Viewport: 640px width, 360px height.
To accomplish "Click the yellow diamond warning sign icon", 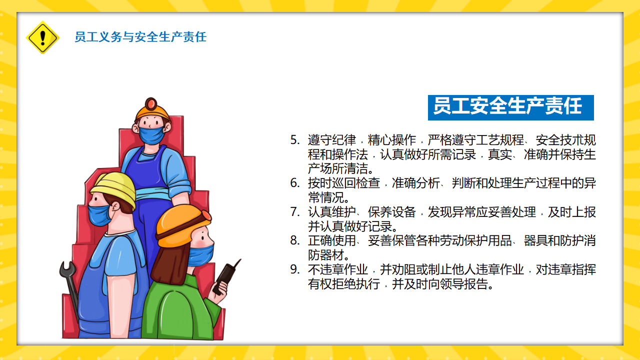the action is click(42, 37).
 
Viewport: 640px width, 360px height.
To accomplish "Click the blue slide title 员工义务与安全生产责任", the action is click(140, 37).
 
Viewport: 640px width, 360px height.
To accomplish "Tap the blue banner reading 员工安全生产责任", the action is click(510, 107).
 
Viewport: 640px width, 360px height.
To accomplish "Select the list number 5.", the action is click(295, 140).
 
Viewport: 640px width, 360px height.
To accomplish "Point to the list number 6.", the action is click(295, 183).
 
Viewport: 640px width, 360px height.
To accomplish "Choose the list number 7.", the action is click(295, 211).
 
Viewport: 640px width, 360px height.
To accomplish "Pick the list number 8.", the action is click(295, 240).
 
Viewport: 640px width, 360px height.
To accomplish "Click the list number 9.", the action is click(295, 269).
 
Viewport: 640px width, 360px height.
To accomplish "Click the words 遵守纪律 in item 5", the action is click(331, 140).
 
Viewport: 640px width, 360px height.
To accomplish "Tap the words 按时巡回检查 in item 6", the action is click(344, 183).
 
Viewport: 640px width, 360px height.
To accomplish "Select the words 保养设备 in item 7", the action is click(391, 211).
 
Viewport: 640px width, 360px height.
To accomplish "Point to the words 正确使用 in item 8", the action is click(331, 240).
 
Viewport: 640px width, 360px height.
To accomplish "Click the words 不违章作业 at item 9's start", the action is click(338, 269).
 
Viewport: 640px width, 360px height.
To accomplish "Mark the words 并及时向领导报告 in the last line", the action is click(439, 284).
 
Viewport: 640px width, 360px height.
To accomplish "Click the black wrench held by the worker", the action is click(69, 288).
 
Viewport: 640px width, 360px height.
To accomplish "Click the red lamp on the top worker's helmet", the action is click(151, 103).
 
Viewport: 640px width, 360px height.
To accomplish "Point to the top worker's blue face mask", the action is click(151, 135).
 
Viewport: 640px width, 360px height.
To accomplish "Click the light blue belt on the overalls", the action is click(153, 194).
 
